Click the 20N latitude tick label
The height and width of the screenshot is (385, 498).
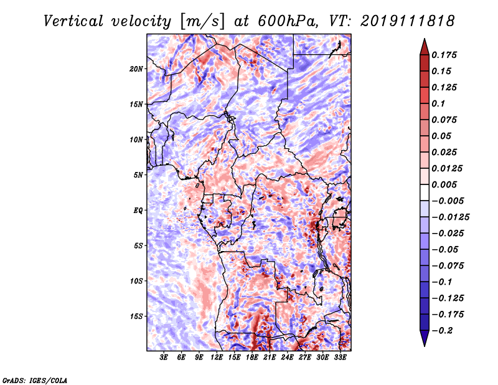pos(136,69)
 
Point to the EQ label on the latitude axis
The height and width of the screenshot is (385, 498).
pos(138,210)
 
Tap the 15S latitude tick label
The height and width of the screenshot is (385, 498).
pos(136,316)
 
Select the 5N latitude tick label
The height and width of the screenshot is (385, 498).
pos(138,175)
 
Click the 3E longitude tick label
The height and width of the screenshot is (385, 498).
pos(164,357)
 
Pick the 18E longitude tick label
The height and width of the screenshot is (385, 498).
pos(252,357)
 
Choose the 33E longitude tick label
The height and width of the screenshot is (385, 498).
pos(340,357)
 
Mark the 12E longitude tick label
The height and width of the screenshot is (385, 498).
pos(217,357)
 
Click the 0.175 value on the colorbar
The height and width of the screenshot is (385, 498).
pos(444,55)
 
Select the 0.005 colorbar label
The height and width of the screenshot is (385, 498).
pos(444,184)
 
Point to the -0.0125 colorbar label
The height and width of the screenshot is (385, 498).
pos(451,217)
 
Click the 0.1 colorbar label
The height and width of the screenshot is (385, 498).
pos(438,103)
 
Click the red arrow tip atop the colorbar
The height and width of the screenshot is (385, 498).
pos(425,39)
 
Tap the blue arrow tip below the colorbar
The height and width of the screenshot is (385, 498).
pos(425,346)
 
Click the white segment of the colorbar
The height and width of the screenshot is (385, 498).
pos(425,192)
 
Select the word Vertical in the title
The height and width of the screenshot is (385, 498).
pos(73,21)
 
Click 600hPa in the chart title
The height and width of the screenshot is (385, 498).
pos(288,21)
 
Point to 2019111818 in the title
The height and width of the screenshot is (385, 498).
pos(408,21)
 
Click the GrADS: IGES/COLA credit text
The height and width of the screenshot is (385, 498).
pos(35,380)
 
